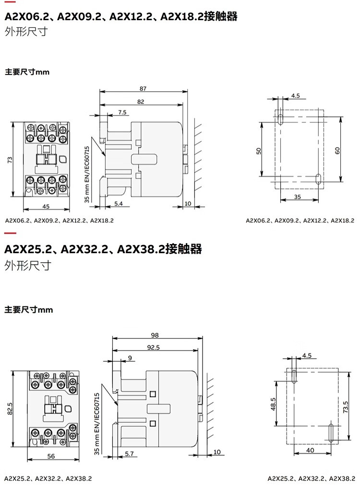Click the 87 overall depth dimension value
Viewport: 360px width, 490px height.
pyautogui.click(x=143, y=88)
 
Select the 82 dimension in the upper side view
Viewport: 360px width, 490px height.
pyautogui.click(x=141, y=101)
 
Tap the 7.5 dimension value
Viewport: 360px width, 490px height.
pyautogui.click(x=122, y=112)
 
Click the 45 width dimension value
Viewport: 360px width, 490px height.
pyautogui.click(x=47, y=207)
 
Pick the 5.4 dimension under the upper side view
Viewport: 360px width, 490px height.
pyautogui.click(x=119, y=204)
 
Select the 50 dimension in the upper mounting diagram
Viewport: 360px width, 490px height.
pyautogui.click(x=259, y=150)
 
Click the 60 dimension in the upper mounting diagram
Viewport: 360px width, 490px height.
pyautogui.click(x=337, y=150)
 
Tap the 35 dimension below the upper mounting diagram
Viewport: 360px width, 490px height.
pyautogui.click(x=297, y=197)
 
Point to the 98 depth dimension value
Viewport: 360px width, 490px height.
pyautogui.click(x=155, y=335)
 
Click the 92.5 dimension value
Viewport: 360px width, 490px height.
pyautogui.click(x=154, y=347)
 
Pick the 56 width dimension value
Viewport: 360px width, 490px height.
pyautogui.click(x=50, y=456)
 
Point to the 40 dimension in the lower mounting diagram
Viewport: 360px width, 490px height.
pyautogui.click(x=310, y=450)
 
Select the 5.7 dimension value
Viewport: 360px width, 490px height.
pyautogui.click(x=129, y=453)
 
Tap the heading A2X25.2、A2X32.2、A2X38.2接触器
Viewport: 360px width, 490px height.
pyautogui.click(x=103, y=249)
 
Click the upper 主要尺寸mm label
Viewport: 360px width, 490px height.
pyautogui.click(x=27, y=72)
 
